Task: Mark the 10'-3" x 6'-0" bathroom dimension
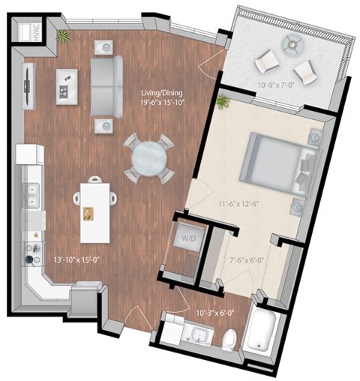coord(213,313)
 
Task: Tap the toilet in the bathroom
coord(230,339)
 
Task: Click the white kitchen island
coord(91,212)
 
